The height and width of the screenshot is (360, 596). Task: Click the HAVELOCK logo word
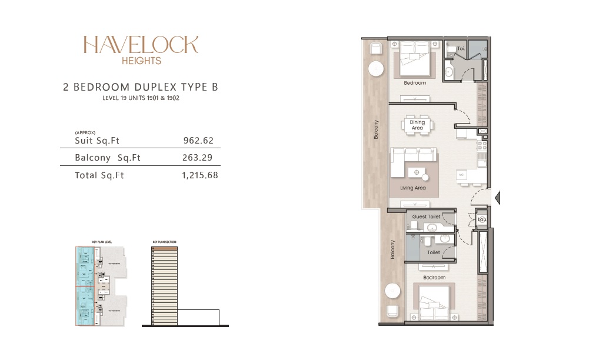coord(141,45)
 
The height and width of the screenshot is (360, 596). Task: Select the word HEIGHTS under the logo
coord(141,60)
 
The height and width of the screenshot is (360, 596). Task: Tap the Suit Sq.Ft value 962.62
coord(198,141)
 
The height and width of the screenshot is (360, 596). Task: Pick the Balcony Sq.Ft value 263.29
coord(198,158)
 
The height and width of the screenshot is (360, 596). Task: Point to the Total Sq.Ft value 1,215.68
coord(200,175)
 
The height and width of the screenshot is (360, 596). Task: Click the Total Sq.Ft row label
coord(99,175)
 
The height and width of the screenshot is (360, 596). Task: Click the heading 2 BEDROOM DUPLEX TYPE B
coord(141,88)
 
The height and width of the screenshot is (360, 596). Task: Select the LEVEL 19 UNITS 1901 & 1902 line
coord(141,98)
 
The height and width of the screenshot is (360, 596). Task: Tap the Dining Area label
coord(417,125)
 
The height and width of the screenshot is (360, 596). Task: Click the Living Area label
coord(413,188)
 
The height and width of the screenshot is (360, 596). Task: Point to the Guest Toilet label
coord(426,217)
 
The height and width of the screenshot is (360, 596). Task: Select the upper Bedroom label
coord(415,83)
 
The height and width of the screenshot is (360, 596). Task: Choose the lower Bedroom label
coord(434,277)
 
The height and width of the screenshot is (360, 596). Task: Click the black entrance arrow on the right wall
coord(497,197)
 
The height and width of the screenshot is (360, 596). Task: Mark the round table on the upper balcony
coord(375,70)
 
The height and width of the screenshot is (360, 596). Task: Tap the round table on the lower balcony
coord(391,291)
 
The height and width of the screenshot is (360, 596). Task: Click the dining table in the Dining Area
coord(417,125)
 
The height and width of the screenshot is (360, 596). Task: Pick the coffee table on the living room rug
coord(417,172)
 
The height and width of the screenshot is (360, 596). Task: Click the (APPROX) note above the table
coord(85,133)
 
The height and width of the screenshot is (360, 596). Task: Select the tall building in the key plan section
coord(165,285)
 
